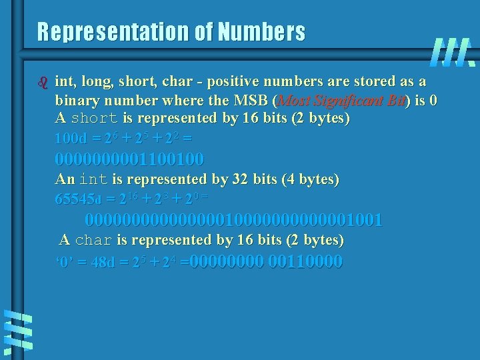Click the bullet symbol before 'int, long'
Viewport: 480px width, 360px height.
[45, 83]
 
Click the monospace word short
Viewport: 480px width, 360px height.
[94, 119]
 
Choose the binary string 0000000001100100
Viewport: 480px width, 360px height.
[129, 159]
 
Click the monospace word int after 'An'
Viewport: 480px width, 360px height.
[93, 179]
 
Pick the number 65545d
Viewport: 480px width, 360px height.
[78, 199]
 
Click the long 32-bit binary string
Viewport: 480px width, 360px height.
[234, 220]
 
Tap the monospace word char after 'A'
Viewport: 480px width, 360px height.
[93, 240]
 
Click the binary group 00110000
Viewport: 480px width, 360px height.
[305, 261]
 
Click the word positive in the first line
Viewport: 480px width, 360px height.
[233, 82]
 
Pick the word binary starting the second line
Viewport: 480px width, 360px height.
[77, 101]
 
